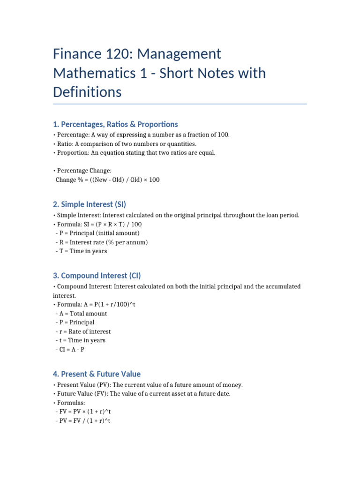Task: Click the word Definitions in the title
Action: click(x=87, y=92)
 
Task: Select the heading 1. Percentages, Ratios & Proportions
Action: click(x=115, y=124)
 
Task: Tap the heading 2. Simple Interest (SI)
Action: click(x=90, y=204)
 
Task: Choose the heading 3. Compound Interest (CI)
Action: click(x=97, y=276)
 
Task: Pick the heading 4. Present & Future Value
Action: click(x=97, y=374)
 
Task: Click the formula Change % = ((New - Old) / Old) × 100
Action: click(x=107, y=180)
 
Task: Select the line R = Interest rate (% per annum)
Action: click(x=102, y=242)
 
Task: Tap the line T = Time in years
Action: click(x=81, y=251)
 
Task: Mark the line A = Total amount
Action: click(x=81, y=313)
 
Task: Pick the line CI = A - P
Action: click(x=70, y=349)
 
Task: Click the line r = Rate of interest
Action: click(x=83, y=331)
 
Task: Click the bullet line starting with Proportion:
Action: click(x=134, y=153)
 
